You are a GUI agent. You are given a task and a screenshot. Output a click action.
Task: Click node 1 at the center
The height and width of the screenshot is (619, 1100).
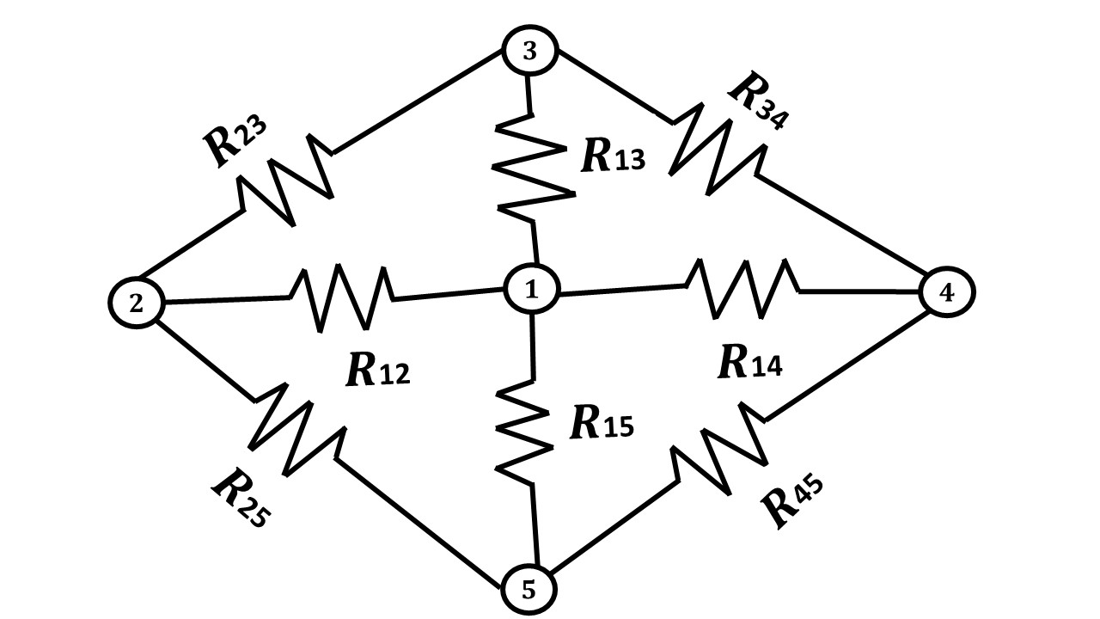531,290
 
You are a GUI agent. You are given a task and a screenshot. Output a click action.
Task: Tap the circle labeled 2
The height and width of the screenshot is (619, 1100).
137,302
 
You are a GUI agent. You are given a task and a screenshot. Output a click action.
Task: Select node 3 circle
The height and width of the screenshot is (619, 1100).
529,52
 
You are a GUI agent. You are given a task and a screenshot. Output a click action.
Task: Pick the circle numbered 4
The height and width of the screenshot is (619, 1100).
946,292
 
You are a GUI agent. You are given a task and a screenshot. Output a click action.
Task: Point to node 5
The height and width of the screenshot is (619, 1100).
529,591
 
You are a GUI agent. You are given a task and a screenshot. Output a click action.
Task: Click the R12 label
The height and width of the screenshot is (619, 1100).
377,371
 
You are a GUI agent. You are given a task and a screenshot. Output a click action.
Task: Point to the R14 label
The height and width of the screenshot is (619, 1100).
750,364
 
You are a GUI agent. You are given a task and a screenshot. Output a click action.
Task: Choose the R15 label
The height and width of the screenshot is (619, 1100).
602,423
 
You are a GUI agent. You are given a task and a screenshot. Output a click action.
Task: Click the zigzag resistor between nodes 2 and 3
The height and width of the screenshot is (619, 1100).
286,180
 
